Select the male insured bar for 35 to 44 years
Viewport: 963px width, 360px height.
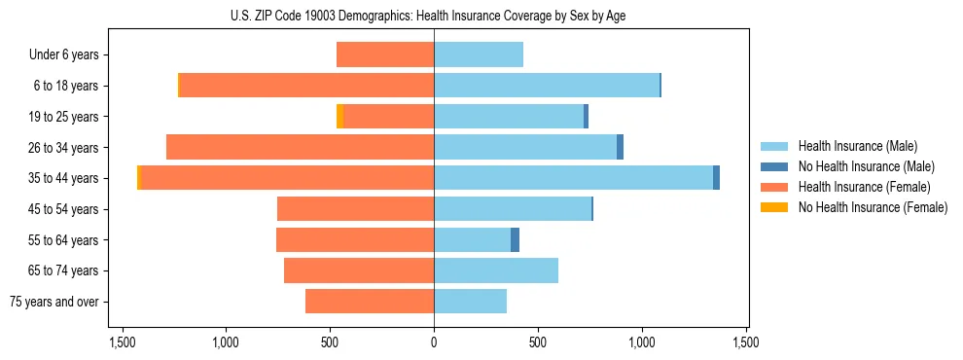point(573,178)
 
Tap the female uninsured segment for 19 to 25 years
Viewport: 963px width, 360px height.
point(339,117)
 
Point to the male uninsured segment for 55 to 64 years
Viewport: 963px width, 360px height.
point(515,239)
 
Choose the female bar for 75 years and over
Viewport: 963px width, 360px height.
point(370,302)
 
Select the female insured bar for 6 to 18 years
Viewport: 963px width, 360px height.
point(307,86)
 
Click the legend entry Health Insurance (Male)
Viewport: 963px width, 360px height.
point(857,146)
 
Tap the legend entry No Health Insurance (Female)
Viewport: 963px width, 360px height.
point(873,207)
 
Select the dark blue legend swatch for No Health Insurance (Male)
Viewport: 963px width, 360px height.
point(774,166)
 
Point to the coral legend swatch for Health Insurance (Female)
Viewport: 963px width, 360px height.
point(774,187)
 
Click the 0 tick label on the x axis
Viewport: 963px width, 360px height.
point(434,342)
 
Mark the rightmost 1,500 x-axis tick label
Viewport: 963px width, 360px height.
point(746,342)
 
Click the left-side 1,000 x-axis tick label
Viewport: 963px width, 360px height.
point(226,342)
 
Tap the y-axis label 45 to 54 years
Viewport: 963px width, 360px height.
point(64,209)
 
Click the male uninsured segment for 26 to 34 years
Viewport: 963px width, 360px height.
point(620,147)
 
